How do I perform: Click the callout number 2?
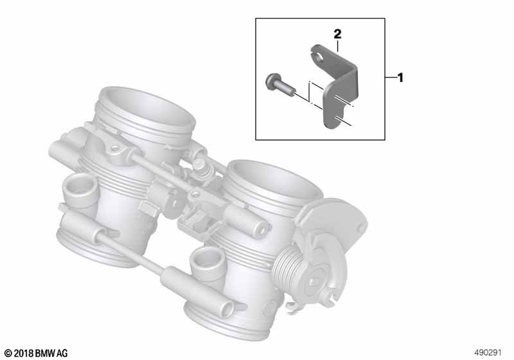[x=337, y=34]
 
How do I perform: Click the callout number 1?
[x=400, y=78]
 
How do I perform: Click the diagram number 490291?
[x=488, y=352]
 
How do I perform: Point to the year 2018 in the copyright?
[x=23, y=354]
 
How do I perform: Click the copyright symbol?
[x=8, y=354]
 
